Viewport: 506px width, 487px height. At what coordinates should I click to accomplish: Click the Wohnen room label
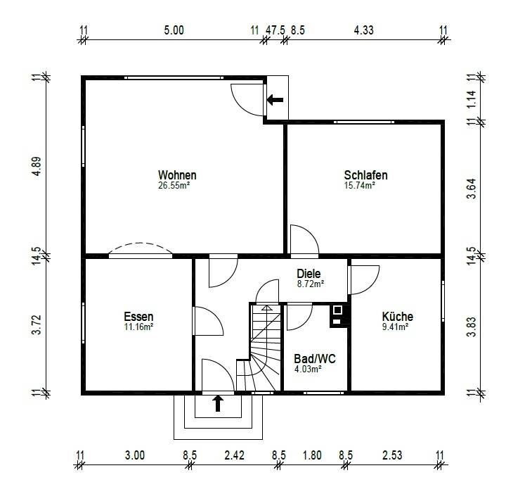[x=177, y=175]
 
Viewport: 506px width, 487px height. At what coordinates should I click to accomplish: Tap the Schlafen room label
[x=365, y=175]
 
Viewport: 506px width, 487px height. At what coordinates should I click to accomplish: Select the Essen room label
[x=138, y=316]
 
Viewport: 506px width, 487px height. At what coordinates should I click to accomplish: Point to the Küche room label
[x=398, y=316]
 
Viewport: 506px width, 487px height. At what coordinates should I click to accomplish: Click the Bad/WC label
[x=315, y=359]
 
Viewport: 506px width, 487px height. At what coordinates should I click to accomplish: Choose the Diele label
[x=309, y=274]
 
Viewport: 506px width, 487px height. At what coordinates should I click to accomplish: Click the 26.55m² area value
[x=174, y=186]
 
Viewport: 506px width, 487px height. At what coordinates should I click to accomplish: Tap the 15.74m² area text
[x=360, y=186]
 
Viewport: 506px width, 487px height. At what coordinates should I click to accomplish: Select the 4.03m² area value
[x=308, y=369]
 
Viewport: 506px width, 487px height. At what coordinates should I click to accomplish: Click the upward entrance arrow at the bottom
[x=218, y=404]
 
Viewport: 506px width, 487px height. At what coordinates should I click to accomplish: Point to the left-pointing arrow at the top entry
[x=275, y=100]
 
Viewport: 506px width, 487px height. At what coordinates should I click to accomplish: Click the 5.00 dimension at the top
[x=174, y=30]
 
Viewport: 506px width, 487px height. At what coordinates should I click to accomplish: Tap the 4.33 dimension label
[x=364, y=30]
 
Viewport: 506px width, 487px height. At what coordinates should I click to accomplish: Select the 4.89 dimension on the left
[x=37, y=166]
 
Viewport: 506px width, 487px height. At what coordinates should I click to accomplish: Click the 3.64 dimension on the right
[x=472, y=189]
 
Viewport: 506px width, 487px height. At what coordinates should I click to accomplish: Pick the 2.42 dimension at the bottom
[x=234, y=455]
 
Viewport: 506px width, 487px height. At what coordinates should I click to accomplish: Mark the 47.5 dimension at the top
[x=275, y=30]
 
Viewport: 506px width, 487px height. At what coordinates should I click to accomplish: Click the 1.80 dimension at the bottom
[x=312, y=455]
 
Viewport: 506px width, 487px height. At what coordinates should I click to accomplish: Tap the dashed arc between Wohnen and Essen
[x=140, y=243]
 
